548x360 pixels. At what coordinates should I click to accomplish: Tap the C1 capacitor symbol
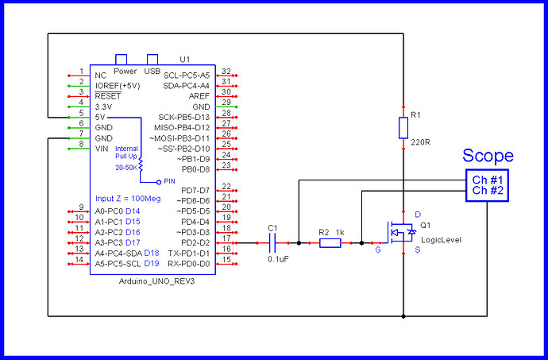(273, 242)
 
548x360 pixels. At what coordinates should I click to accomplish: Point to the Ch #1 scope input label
(488, 180)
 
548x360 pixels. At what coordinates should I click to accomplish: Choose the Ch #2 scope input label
(488, 192)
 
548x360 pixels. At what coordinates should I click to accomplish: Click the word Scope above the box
(488, 156)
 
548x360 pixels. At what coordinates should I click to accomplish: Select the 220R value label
(420, 145)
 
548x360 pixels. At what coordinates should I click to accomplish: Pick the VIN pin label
(102, 148)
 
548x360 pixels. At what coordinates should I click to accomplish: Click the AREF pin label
(199, 95)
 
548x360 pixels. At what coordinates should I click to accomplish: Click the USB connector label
(152, 70)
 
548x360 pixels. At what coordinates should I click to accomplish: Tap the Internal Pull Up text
(126, 153)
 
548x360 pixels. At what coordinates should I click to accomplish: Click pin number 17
(226, 238)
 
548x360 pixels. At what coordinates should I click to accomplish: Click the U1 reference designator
(185, 60)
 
